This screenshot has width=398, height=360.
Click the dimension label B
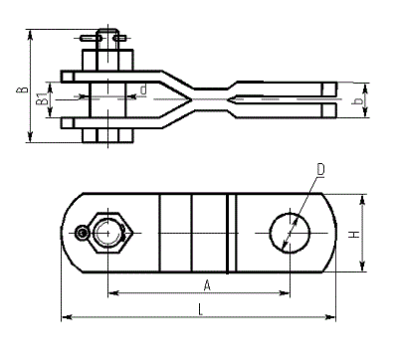(22, 90)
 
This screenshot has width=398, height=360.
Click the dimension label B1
(42, 99)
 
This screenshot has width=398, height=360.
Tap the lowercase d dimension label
(143, 90)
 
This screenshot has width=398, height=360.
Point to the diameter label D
(320, 169)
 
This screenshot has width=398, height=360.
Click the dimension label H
(354, 235)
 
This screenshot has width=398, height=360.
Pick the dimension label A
(207, 285)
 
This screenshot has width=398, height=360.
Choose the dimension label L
(200, 310)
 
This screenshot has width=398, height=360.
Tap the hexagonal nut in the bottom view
(108, 233)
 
